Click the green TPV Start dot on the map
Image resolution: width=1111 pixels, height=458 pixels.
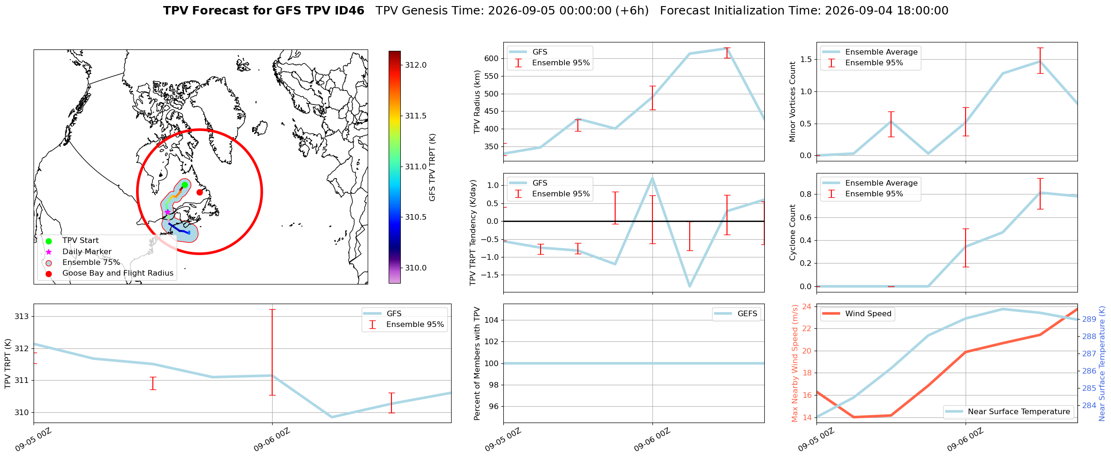185,185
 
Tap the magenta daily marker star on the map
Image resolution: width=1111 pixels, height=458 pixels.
167,212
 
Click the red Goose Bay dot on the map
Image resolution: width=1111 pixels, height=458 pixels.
199,192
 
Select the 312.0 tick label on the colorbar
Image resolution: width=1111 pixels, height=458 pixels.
416,65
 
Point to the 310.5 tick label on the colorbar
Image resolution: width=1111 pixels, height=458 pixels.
416,217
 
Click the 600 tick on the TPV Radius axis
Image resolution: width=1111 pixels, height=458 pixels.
493,58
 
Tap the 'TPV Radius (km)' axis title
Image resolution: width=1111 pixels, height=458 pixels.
477,102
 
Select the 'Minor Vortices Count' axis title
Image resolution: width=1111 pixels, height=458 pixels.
793,102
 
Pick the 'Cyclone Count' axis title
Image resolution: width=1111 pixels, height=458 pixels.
793,232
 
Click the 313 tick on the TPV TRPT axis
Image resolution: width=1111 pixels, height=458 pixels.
22,317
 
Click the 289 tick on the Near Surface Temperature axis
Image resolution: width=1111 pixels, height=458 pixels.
1089,319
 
